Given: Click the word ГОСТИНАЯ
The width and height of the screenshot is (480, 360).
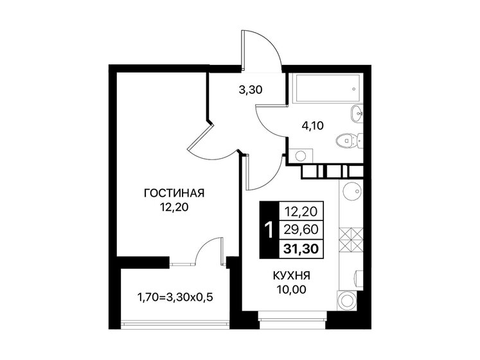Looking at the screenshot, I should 174,194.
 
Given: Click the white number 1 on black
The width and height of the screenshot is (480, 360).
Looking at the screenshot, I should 269,230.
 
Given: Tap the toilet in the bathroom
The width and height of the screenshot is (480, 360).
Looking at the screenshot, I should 350,138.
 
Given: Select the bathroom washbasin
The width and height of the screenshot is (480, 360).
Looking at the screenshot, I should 357,114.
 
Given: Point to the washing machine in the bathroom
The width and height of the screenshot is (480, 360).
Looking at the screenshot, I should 299,154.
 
